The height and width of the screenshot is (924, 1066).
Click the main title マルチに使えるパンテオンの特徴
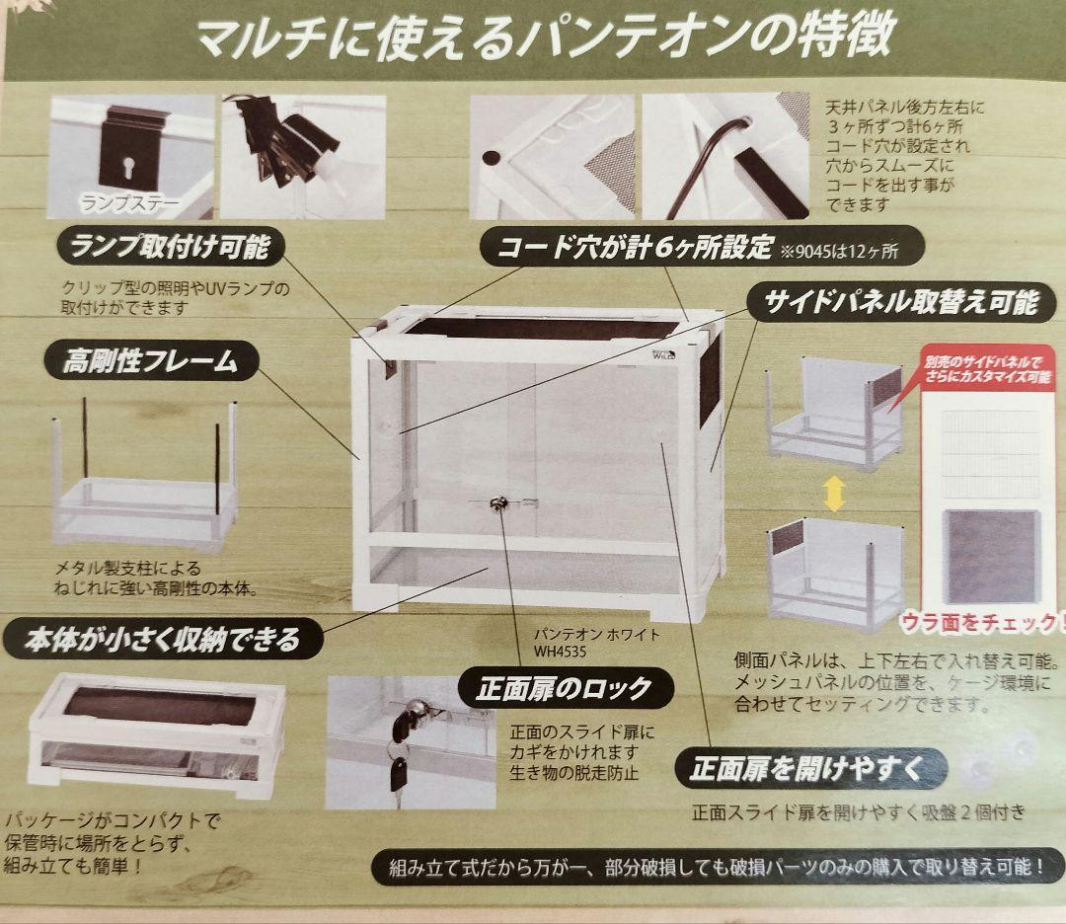pos(545,37)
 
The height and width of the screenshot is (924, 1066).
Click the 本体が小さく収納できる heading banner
pos(163,640)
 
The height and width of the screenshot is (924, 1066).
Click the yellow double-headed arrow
pos(834,492)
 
